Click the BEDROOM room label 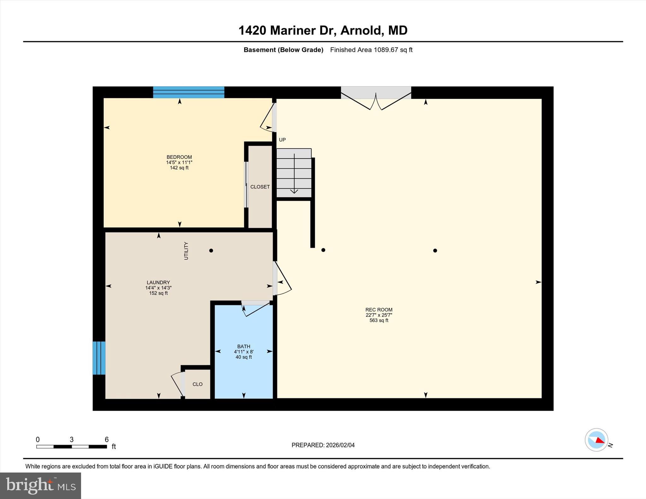pos(179,157)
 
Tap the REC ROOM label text pos(379,310)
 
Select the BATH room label pos(244,346)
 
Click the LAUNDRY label pos(158,282)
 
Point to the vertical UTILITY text pos(186,251)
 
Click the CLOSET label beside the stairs pos(260,187)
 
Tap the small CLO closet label pos(197,384)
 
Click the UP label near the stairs pos(282,140)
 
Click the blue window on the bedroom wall pos(189,92)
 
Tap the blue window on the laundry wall pos(99,358)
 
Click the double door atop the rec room pos(376,98)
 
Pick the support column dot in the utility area pos(211,251)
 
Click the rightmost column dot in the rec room pos(435,251)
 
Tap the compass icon pos(596,440)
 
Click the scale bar pos(72,446)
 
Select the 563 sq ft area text pos(379,320)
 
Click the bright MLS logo pos(40,485)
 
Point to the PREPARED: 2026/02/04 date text pos(323,445)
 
